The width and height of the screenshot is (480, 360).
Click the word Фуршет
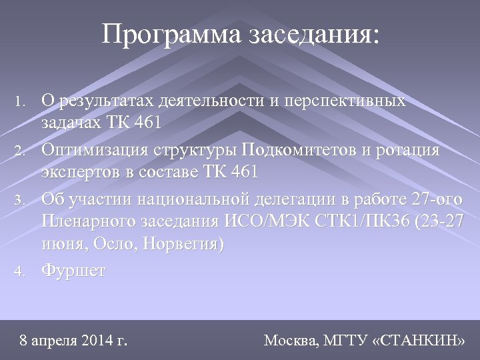pos(73,271)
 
